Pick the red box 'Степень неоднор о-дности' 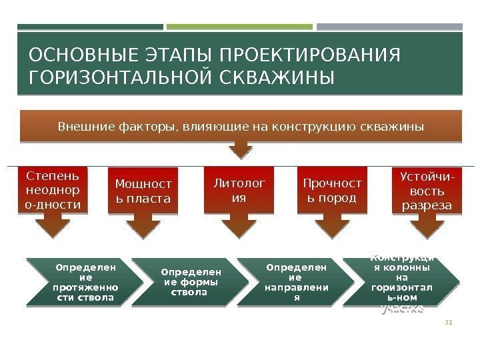pyautogui.click(x=56, y=190)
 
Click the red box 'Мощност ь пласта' pyautogui.click(x=143, y=191)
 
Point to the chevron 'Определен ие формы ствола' pyautogui.click(x=189, y=283)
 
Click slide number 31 pyautogui.click(x=448, y=324)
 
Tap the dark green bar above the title pyautogui.click(x=90, y=27)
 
